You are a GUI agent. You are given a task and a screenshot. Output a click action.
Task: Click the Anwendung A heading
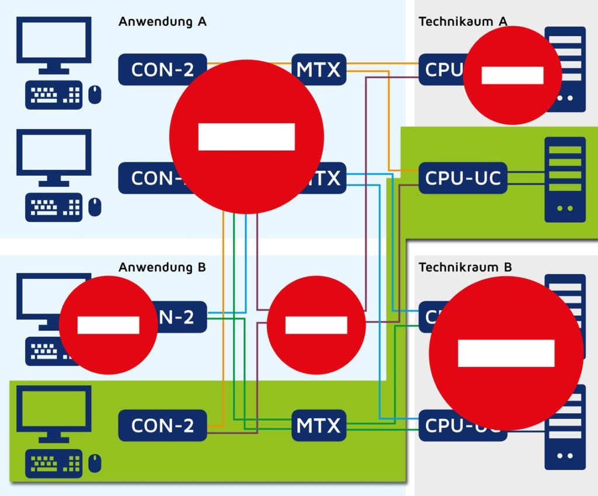(162, 22)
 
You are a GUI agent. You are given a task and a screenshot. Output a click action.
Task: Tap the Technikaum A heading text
(463, 22)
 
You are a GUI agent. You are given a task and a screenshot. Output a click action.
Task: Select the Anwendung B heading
(162, 267)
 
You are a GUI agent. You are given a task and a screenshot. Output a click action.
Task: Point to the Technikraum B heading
(465, 267)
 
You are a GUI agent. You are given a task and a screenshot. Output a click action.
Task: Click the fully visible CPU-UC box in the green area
(463, 178)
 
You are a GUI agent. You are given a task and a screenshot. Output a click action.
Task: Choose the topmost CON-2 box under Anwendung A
(162, 69)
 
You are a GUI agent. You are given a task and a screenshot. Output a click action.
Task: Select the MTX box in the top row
(319, 69)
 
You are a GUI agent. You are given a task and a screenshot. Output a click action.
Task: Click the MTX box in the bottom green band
(319, 425)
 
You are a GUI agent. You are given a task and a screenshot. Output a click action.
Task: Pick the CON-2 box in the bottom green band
(162, 425)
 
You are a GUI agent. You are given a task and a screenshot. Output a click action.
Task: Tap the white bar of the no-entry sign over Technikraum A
(512, 75)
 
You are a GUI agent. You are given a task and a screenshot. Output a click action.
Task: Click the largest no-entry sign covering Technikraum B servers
(506, 353)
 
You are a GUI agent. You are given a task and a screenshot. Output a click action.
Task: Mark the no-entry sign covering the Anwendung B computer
(108, 325)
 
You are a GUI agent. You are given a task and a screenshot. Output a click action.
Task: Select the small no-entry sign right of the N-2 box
(316, 325)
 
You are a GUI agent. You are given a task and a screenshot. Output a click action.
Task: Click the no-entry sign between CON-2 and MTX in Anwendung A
(246, 137)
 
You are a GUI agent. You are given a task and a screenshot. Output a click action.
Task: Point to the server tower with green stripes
(565, 179)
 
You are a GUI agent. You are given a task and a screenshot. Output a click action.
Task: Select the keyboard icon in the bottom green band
(54, 464)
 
